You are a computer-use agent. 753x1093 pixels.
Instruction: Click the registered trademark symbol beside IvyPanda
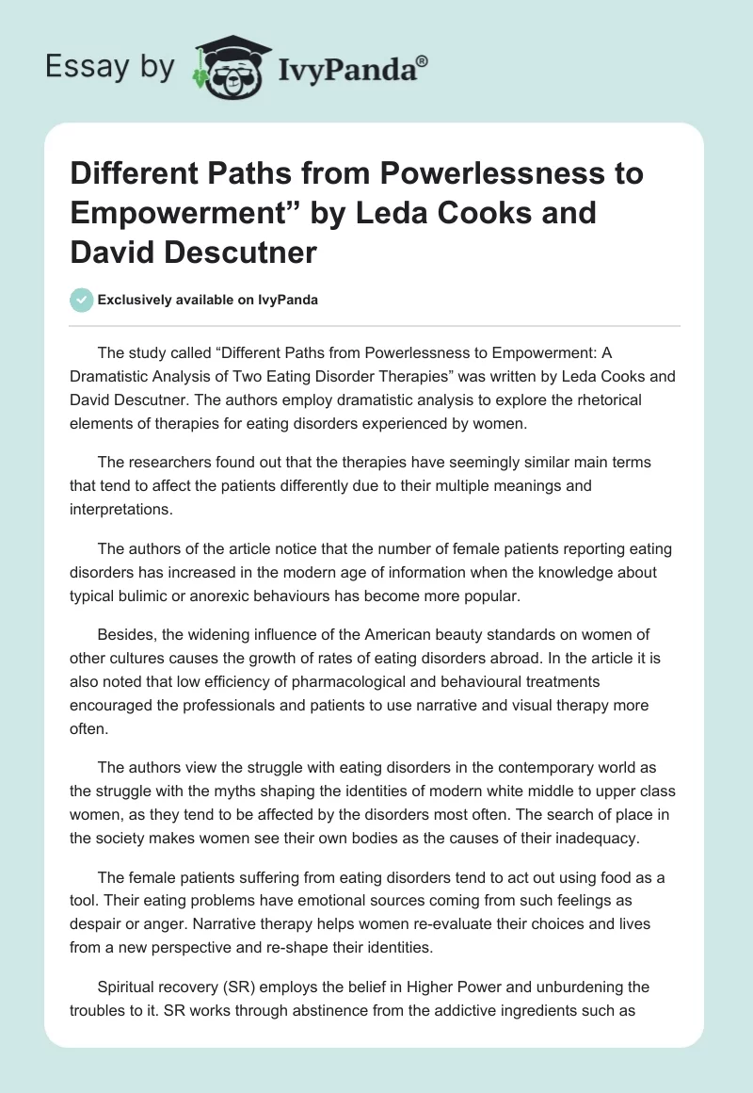coord(423,60)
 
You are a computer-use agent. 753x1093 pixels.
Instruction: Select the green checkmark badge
coord(81,300)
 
